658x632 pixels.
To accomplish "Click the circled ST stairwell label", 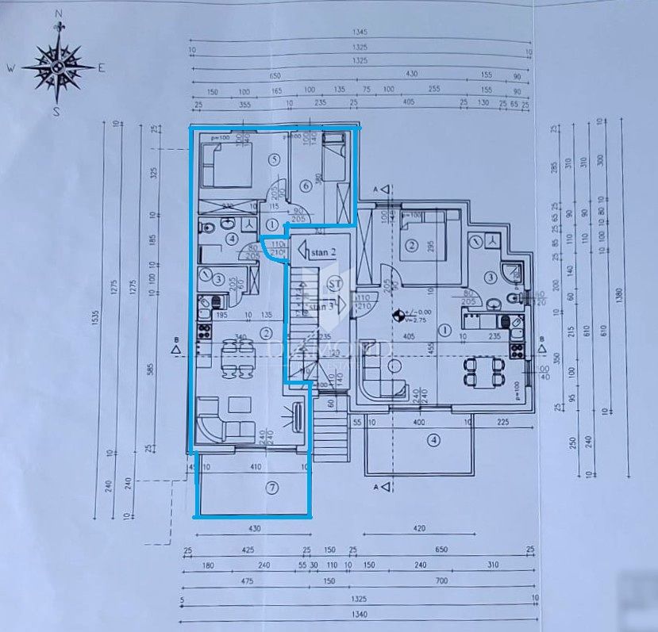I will [335, 282].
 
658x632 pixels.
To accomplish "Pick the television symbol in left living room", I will [298, 416].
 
